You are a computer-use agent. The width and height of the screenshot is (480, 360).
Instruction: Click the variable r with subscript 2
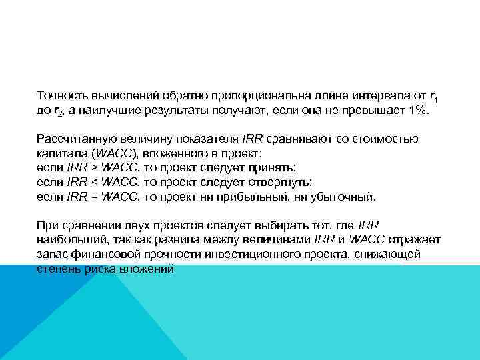(x=58, y=111)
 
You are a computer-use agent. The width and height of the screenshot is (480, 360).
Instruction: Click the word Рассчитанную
(x=74, y=139)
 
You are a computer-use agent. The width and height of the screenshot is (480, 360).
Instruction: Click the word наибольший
(x=69, y=241)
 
